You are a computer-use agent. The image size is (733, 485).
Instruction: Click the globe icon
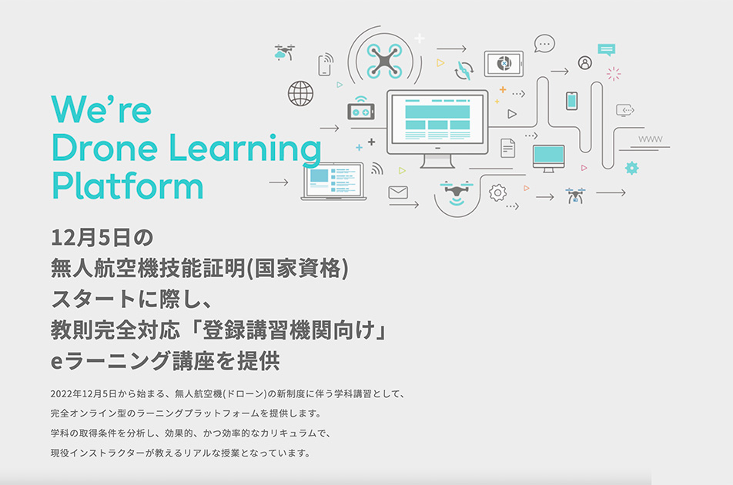(300, 93)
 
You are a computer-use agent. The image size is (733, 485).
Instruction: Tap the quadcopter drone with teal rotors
(384, 61)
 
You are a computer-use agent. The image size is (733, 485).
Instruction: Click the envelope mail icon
(398, 192)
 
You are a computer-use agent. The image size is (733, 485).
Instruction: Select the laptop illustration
(333, 182)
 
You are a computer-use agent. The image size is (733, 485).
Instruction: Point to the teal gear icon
(631, 168)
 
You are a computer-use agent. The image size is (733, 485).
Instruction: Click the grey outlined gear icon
(497, 192)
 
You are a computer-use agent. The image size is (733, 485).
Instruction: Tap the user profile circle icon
(585, 62)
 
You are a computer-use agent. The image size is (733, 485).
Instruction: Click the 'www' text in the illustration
(651, 139)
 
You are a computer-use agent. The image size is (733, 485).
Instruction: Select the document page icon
(507, 148)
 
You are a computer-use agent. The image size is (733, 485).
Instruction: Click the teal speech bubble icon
(606, 49)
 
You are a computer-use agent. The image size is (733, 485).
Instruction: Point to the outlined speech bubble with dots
(544, 43)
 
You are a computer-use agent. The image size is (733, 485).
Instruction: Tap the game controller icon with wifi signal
(360, 109)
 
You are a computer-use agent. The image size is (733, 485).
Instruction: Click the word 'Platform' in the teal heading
(128, 186)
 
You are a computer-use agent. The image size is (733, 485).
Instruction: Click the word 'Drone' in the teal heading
(104, 148)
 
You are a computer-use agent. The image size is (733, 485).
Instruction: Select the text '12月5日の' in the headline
(102, 237)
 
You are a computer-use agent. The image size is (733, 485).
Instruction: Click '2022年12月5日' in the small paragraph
(83, 394)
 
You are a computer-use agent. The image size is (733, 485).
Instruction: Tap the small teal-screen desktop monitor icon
(548, 158)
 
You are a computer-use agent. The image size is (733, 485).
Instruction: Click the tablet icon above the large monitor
(504, 64)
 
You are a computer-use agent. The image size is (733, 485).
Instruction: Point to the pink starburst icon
(614, 74)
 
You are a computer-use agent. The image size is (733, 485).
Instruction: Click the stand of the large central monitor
(437, 161)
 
